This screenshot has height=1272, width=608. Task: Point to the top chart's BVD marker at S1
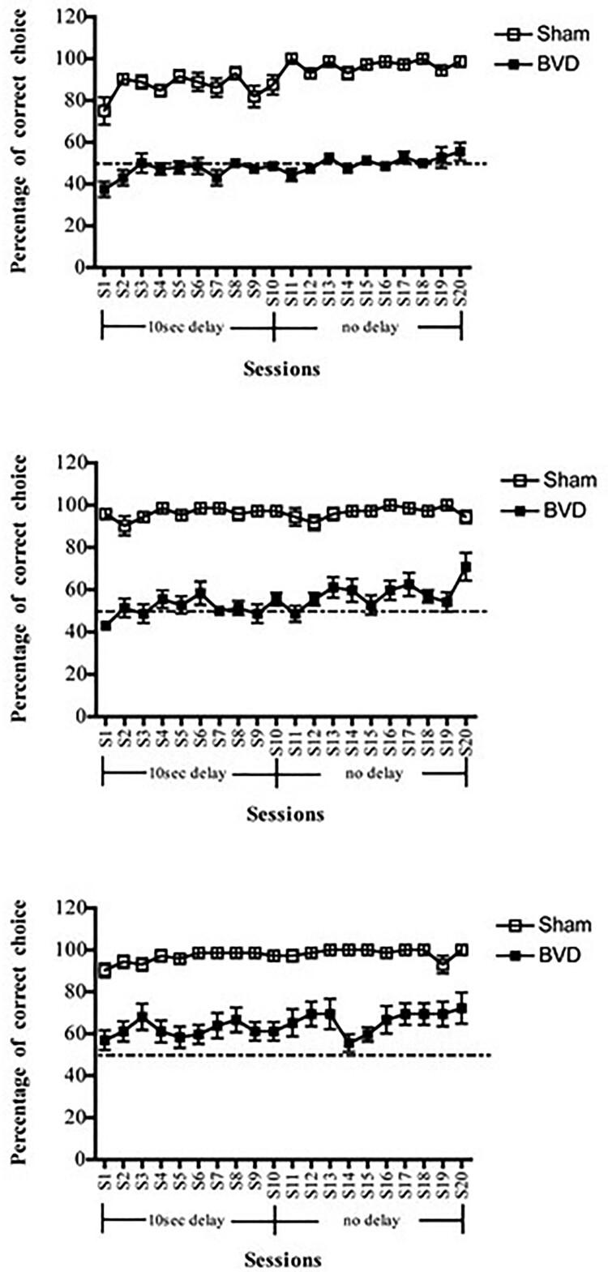tap(105, 190)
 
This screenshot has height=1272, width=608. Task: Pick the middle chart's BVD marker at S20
tap(465, 568)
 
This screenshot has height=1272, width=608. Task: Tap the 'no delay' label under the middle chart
tap(373, 774)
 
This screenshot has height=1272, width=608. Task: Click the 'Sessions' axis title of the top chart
tap(280, 369)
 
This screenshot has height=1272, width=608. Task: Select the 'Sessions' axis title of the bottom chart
tap(283, 1261)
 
